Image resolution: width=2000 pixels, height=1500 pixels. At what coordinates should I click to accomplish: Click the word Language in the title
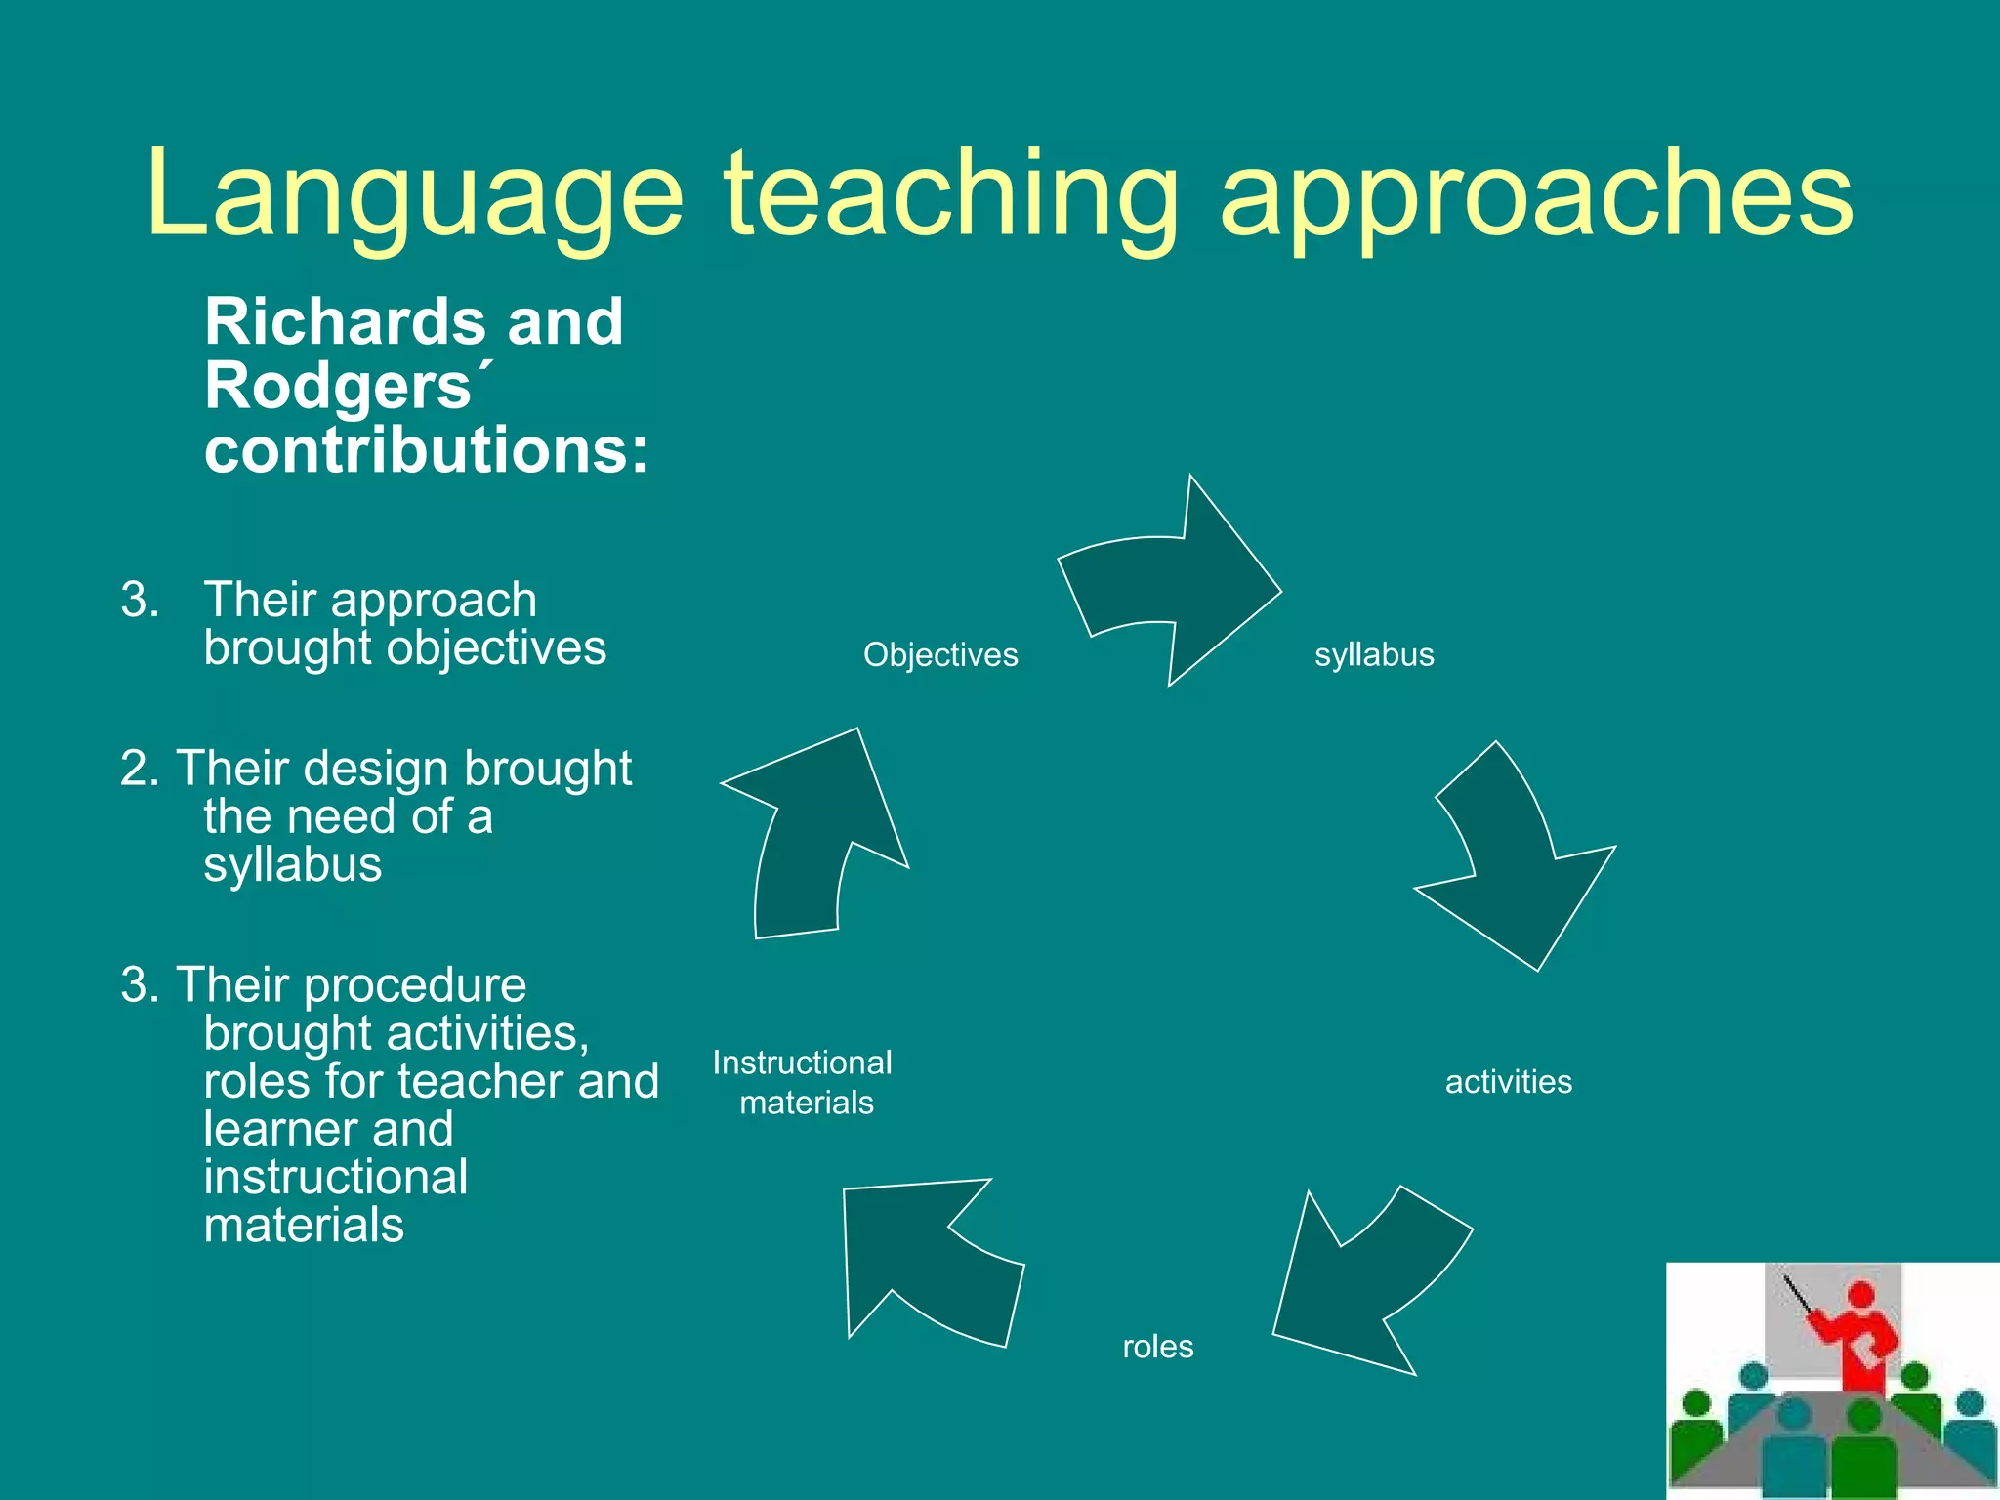(x=415, y=195)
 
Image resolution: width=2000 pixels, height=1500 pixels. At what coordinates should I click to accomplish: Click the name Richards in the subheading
(x=344, y=322)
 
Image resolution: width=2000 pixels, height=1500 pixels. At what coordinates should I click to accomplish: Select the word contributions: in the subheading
(x=426, y=451)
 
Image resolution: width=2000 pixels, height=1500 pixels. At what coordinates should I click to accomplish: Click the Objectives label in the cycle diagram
(x=940, y=654)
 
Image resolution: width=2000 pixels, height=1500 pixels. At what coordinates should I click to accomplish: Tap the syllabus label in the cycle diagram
(x=1374, y=654)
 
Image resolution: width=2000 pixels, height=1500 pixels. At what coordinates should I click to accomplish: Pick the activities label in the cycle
(x=1508, y=1082)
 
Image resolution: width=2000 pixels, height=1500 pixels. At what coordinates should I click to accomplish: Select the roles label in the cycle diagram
(x=1157, y=1347)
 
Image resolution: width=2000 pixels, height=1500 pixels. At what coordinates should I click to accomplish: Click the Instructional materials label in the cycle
(x=803, y=1082)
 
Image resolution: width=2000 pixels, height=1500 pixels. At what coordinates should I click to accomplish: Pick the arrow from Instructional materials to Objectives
(x=820, y=830)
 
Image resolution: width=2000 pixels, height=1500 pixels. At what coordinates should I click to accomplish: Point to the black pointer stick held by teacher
(x=1798, y=1295)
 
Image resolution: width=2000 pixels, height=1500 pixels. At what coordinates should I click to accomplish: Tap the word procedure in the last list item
(x=415, y=985)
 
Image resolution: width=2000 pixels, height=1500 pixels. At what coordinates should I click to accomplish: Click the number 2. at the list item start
(x=140, y=769)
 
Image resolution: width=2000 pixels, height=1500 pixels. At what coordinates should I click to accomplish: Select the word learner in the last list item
(x=277, y=1130)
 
